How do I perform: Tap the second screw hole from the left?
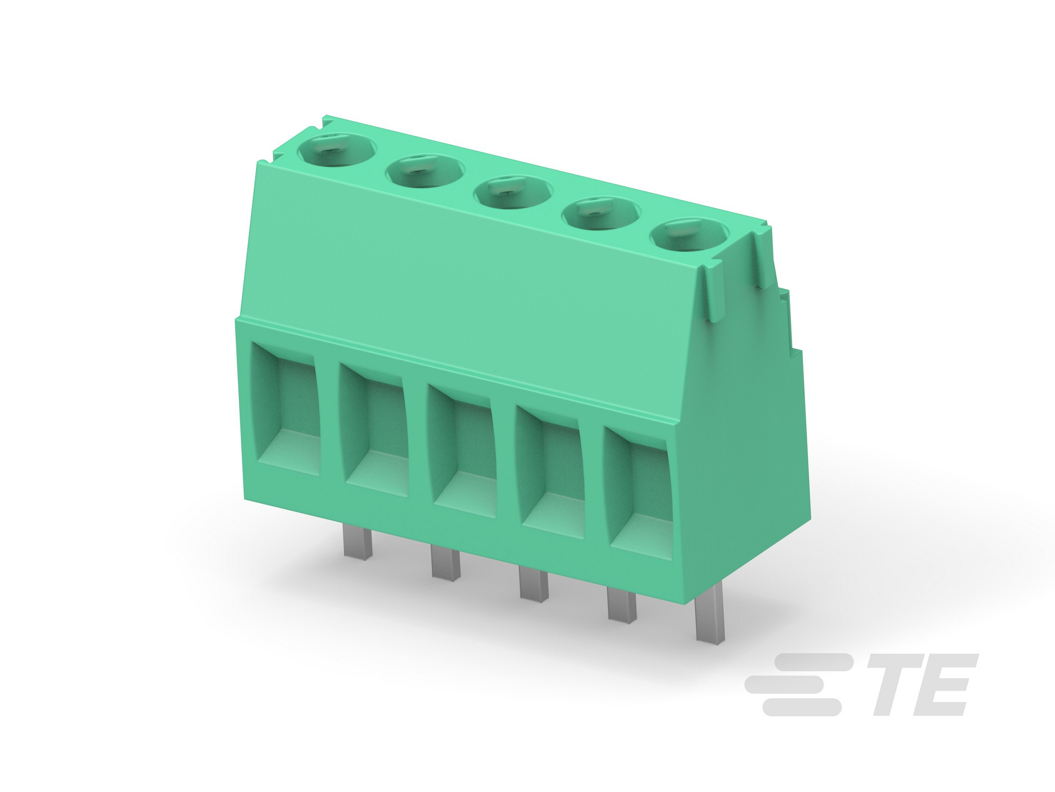click(x=425, y=171)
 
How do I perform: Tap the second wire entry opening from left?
click(x=374, y=430)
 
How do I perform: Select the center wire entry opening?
click(x=462, y=451)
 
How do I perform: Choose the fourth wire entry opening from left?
click(x=550, y=472)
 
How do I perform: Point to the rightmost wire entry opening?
click(x=638, y=494)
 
